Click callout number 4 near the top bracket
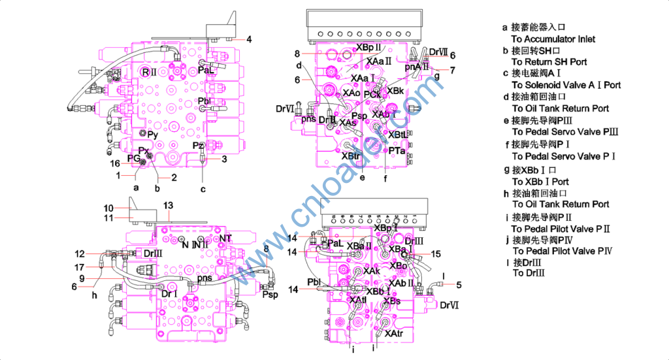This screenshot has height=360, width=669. click(250, 40)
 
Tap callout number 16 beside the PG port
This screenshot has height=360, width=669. click(114, 163)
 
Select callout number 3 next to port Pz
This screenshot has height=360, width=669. click(224, 159)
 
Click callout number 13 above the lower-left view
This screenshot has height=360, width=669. click(168, 206)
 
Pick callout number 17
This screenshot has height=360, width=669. click(79, 267)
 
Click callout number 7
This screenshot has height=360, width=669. click(452, 70)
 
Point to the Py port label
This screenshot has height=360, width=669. click(152, 135)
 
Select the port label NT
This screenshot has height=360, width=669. click(225, 238)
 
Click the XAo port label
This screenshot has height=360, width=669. click(351, 93)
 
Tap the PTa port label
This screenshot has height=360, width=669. click(397, 151)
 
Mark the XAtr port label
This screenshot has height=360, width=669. click(394, 334)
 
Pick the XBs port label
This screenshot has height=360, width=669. click(391, 301)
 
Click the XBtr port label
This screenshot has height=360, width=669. click(351, 156)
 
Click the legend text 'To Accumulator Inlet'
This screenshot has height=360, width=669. click(553, 39)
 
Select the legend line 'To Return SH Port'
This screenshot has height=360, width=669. click(549, 62)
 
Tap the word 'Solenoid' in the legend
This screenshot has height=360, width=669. click(542, 85)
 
